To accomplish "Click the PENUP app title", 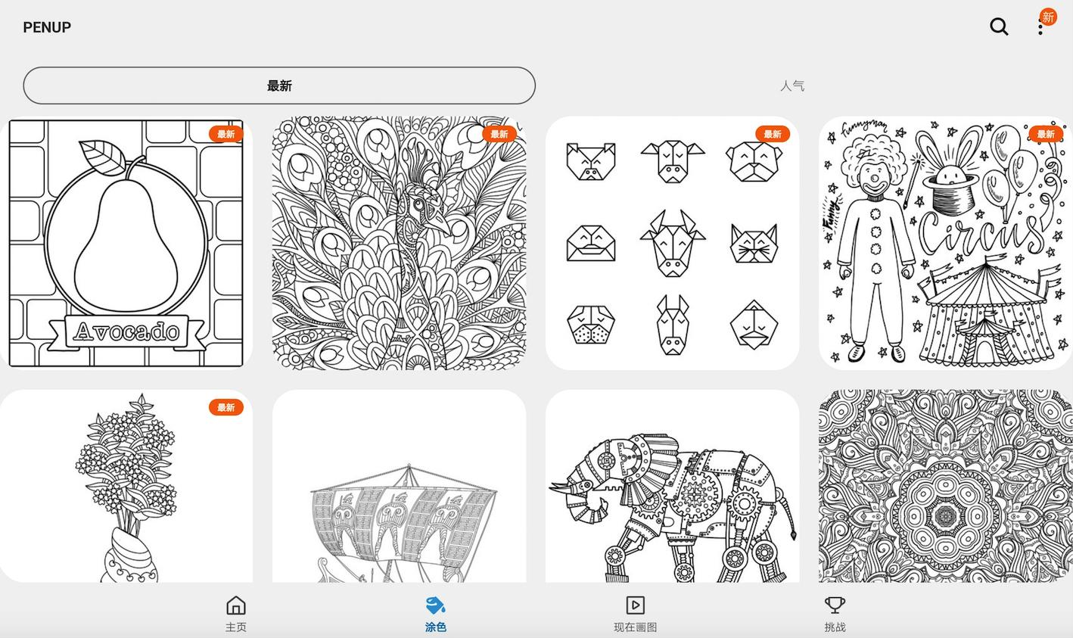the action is (x=47, y=27).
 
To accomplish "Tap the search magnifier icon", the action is (x=999, y=26).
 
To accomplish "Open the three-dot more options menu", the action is (x=1040, y=27).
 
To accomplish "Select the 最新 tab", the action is (x=279, y=86).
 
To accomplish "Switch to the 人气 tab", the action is (x=792, y=86).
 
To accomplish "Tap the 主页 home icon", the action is (x=235, y=605).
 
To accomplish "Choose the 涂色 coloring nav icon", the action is (x=435, y=605).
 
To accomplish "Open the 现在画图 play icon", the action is (x=635, y=605).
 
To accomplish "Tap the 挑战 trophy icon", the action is (x=835, y=605).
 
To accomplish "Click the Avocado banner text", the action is (x=127, y=331).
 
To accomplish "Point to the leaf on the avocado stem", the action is (x=102, y=157).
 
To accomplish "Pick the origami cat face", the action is (x=754, y=244).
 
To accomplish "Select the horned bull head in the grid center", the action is (x=673, y=243).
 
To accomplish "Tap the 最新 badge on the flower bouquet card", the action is (x=225, y=408).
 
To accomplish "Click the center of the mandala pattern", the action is (x=946, y=516).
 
